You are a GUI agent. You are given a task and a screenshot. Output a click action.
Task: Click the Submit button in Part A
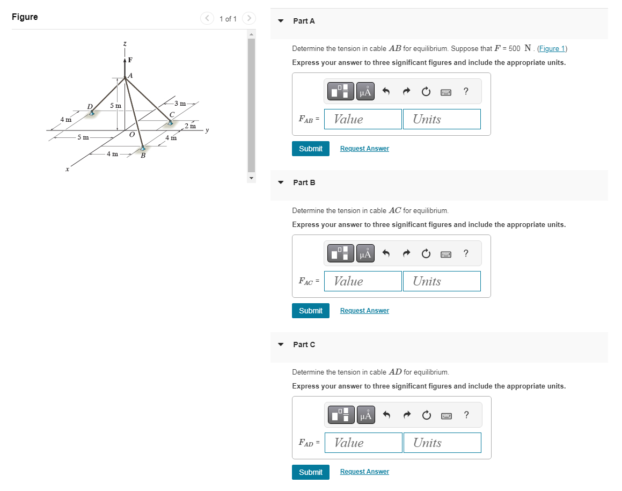[x=310, y=149]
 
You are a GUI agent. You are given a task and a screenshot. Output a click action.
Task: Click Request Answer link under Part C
[x=364, y=472]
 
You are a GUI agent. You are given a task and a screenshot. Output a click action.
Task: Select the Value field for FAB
[x=363, y=119]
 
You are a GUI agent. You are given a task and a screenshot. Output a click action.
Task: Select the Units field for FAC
[x=442, y=281]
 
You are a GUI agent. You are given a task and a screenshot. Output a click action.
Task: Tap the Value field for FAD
[x=363, y=443]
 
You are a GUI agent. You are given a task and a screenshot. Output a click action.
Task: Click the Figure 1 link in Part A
[x=552, y=49]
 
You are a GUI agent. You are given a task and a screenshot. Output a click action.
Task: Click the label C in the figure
[x=171, y=114]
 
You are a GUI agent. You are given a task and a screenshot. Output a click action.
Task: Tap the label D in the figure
[x=90, y=106]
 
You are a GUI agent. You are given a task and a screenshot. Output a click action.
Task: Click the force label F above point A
[x=130, y=60]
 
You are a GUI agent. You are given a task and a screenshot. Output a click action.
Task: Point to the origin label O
[x=131, y=134]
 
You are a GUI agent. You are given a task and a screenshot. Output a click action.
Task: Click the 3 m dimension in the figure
[x=180, y=103]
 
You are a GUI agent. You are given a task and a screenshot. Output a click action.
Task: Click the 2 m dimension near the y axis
[x=190, y=126]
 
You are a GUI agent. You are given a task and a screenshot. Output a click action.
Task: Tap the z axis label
[x=125, y=43]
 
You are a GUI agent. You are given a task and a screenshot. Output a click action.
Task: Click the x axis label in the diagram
[x=67, y=170]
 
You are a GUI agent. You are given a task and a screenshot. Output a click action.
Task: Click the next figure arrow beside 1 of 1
[x=248, y=19]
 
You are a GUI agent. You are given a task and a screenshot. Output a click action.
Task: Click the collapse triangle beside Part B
[x=281, y=182]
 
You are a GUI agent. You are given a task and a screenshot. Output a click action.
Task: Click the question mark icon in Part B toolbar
[x=465, y=253]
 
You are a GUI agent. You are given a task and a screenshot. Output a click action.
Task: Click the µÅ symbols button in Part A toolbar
[x=365, y=92]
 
